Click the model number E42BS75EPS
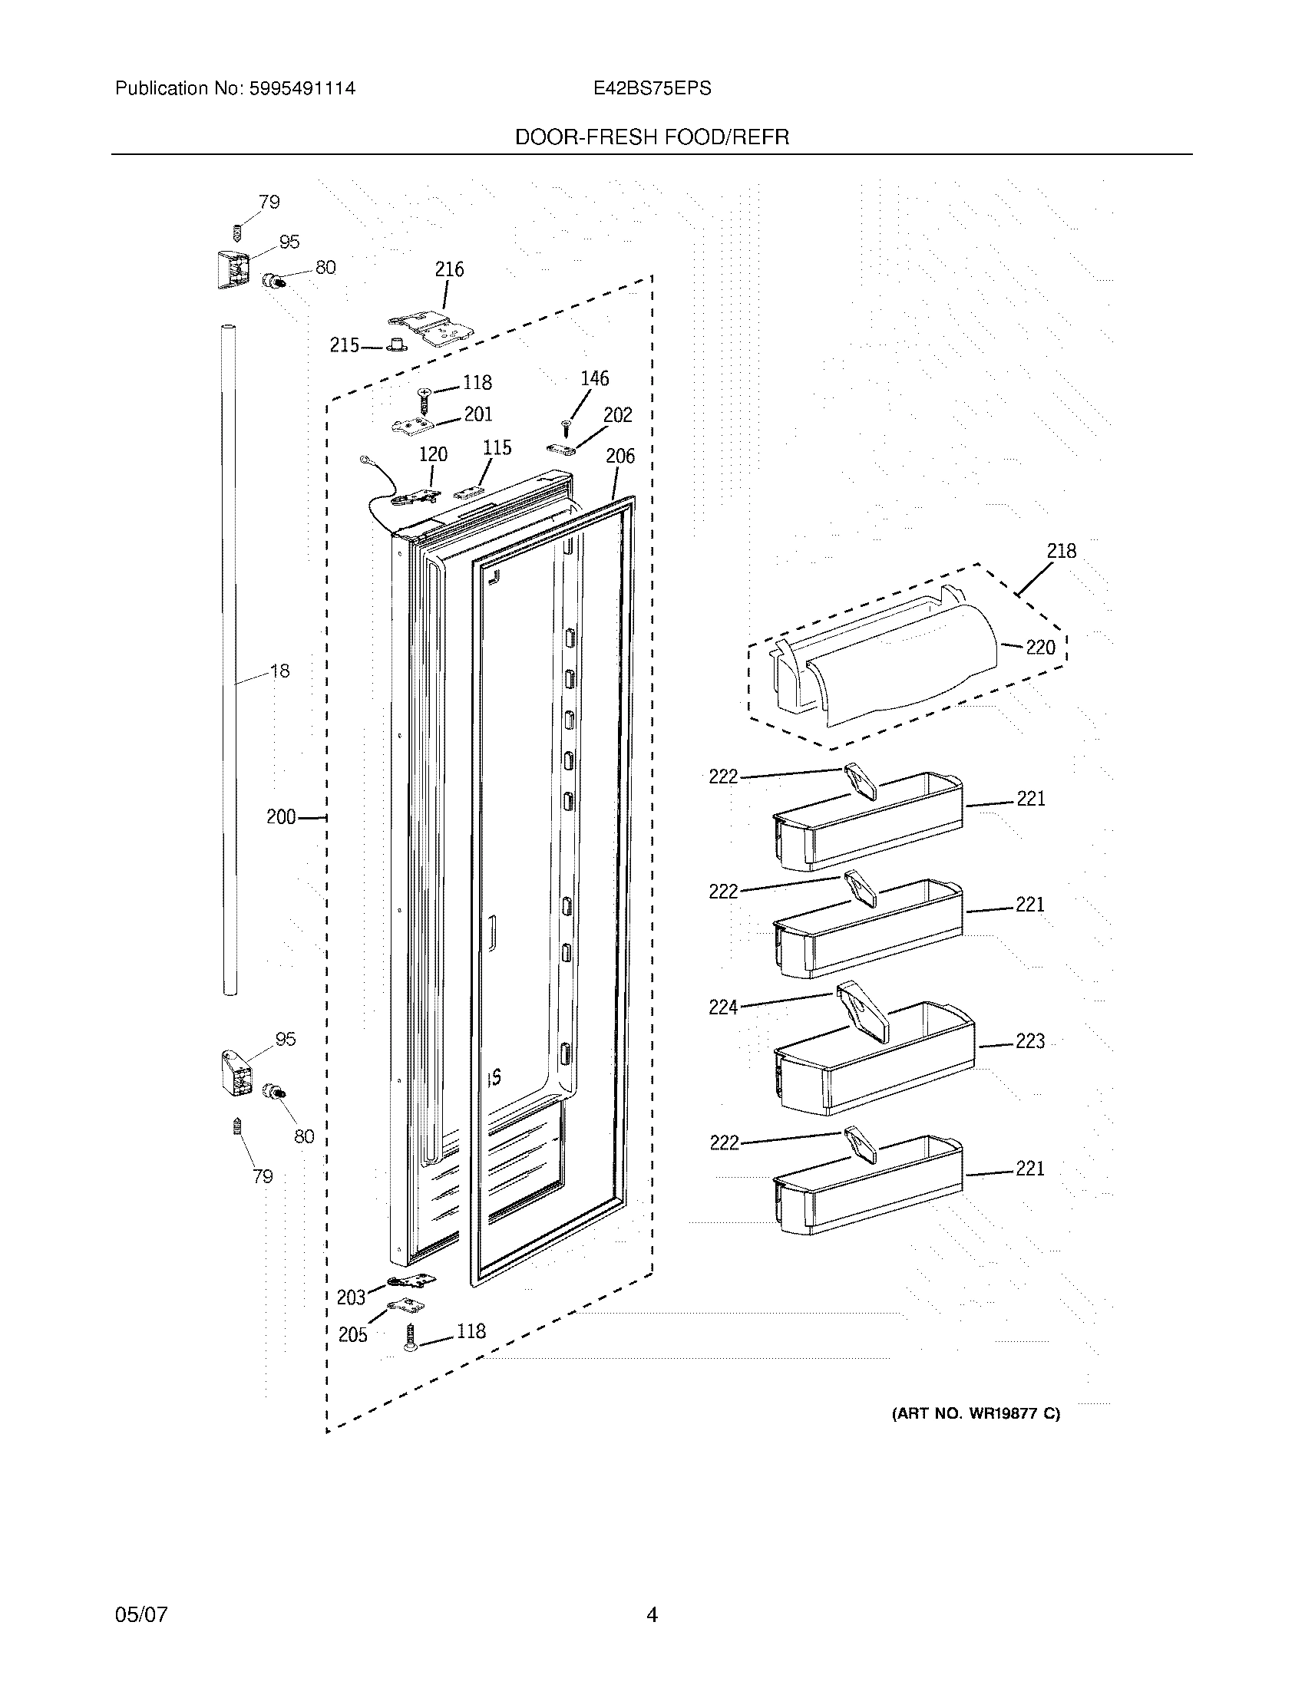click(652, 89)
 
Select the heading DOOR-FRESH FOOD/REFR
click(652, 137)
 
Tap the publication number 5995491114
click(302, 89)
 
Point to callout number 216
click(449, 270)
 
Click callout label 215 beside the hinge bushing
click(344, 345)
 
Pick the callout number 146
click(594, 379)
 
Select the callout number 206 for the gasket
click(620, 456)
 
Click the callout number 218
click(1062, 551)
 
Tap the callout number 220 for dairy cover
click(1041, 648)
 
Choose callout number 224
click(724, 1007)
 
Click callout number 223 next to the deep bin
click(1029, 1042)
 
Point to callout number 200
click(281, 817)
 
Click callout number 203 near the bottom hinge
click(350, 1297)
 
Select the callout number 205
click(352, 1335)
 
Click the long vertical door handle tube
click(229, 657)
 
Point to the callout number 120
click(433, 454)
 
